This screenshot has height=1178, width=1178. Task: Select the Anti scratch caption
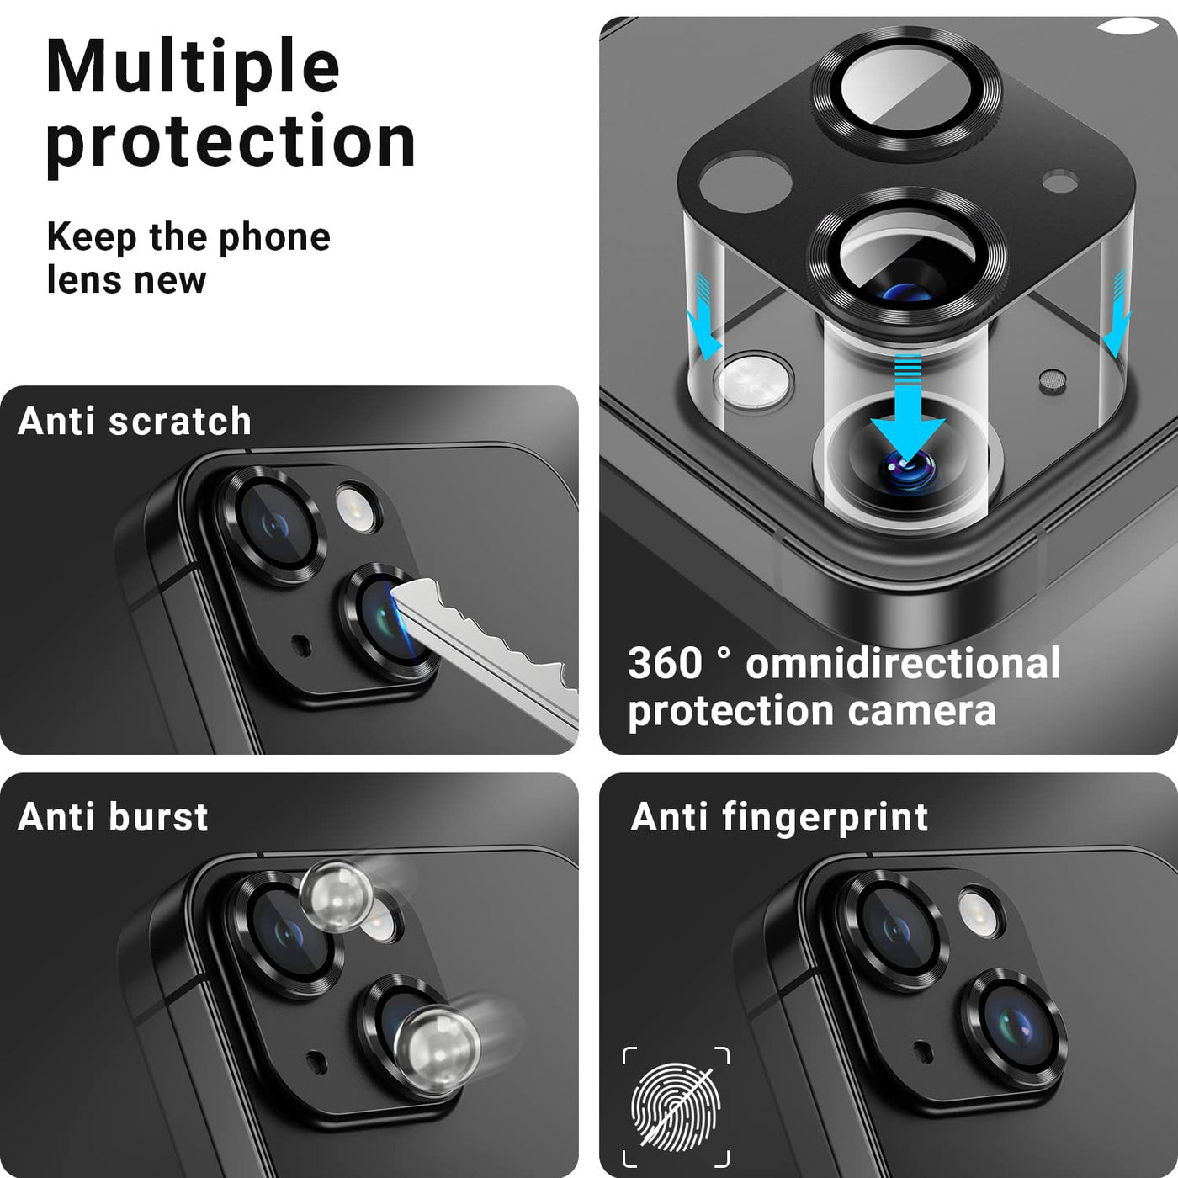[x=135, y=422]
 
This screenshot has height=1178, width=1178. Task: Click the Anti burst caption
[x=113, y=817]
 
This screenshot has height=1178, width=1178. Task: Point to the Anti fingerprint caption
[x=779, y=818]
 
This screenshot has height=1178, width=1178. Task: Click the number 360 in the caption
[x=665, y=663]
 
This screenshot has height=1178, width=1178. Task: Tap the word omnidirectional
[x=903, y=663]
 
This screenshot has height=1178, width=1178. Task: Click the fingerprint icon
[x=677, y=1107]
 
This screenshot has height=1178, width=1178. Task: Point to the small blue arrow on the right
[x=1117, y=313]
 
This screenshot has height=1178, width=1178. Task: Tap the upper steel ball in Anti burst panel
[x=337, y=896]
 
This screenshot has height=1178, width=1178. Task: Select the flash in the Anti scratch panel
[x=358, y=508]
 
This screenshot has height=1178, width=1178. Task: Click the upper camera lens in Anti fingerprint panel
[x=894, y=929]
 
